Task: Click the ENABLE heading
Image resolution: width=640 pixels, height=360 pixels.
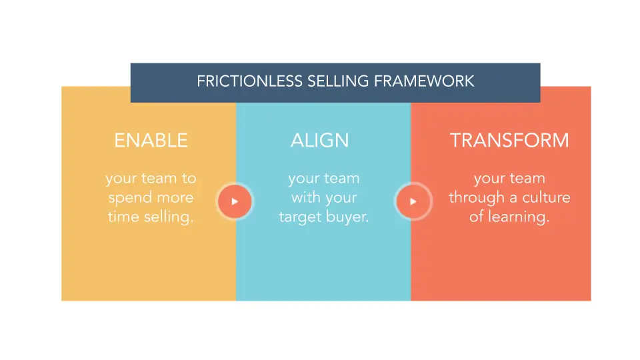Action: click(x=151, y=141)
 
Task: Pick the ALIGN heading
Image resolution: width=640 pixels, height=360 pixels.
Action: click(x=319, y=141)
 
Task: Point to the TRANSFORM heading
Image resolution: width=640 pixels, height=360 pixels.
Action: click(x=509, y=141)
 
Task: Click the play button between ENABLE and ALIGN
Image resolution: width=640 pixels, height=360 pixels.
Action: click(x=235, y=201)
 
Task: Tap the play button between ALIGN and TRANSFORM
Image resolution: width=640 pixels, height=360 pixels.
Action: click(x=413, y=201)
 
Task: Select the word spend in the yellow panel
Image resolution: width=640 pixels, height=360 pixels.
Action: click(x=129, y=198)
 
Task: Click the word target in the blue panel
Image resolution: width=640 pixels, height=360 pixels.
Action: click(x=300, y=217)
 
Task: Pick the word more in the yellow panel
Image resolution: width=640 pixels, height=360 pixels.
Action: click(x=175, y=198)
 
